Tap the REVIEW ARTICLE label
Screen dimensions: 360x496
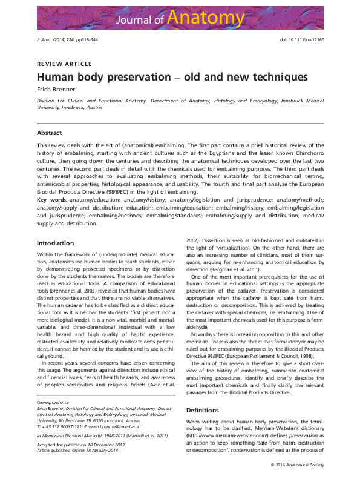pyautogui.click(x=64, y=64)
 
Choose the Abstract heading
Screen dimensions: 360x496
pyautogui.click(x=49, y=132)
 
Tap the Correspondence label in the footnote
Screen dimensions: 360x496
pyautogui.click(x=54, y=401)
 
